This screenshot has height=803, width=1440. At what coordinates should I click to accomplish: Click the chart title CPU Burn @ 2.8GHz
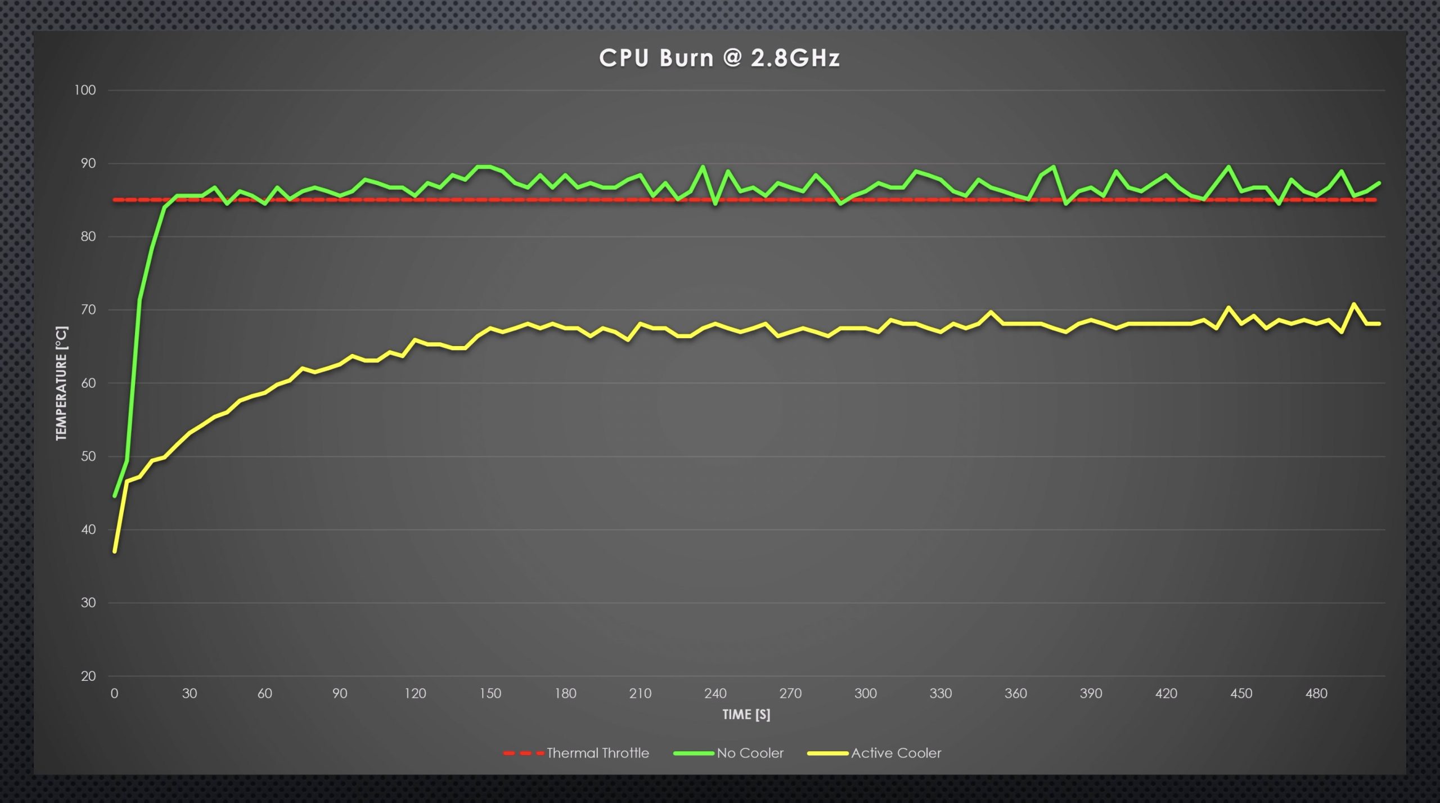coord(719,58)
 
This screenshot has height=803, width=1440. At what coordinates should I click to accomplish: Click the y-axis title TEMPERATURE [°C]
coord(61,383)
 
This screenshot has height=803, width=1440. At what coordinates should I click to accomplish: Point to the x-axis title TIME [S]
coord(746,715)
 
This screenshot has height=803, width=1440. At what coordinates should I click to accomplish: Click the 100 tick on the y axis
coord(85,90)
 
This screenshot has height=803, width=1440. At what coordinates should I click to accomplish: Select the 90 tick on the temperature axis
coord(88,163)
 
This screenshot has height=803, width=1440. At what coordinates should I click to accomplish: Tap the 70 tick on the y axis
coord(88,309)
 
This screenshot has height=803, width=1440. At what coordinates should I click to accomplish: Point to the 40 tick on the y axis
coord(88,530)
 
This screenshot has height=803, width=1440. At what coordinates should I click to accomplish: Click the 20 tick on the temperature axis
coord(88,676)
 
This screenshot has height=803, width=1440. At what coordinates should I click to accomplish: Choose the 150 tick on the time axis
coord(490,693)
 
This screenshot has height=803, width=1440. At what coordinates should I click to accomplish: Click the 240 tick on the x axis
coord(715,693)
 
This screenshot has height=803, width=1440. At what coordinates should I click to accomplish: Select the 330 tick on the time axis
coord(940,693)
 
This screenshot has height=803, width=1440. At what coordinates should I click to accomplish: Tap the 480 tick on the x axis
coord(1316,693)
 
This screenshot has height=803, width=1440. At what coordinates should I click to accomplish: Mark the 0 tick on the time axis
coord(114,693)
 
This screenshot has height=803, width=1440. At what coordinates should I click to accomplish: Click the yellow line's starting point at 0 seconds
coord(115,551)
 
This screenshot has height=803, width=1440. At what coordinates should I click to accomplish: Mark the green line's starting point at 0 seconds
coord(115,496)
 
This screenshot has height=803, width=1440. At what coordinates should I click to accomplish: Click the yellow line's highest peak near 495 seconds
coord(1353,304)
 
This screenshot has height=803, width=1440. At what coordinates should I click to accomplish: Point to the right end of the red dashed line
coord(1375,200)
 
